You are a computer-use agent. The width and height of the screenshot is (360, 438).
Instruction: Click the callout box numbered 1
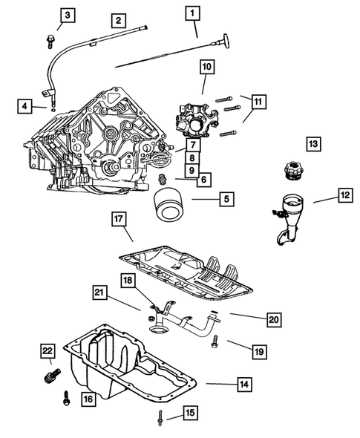click(x=193, y=13)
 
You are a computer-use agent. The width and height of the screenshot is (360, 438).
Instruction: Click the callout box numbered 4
click(x=25, y=107)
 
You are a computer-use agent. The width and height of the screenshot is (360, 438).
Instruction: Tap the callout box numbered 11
click(x=258, y=101)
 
